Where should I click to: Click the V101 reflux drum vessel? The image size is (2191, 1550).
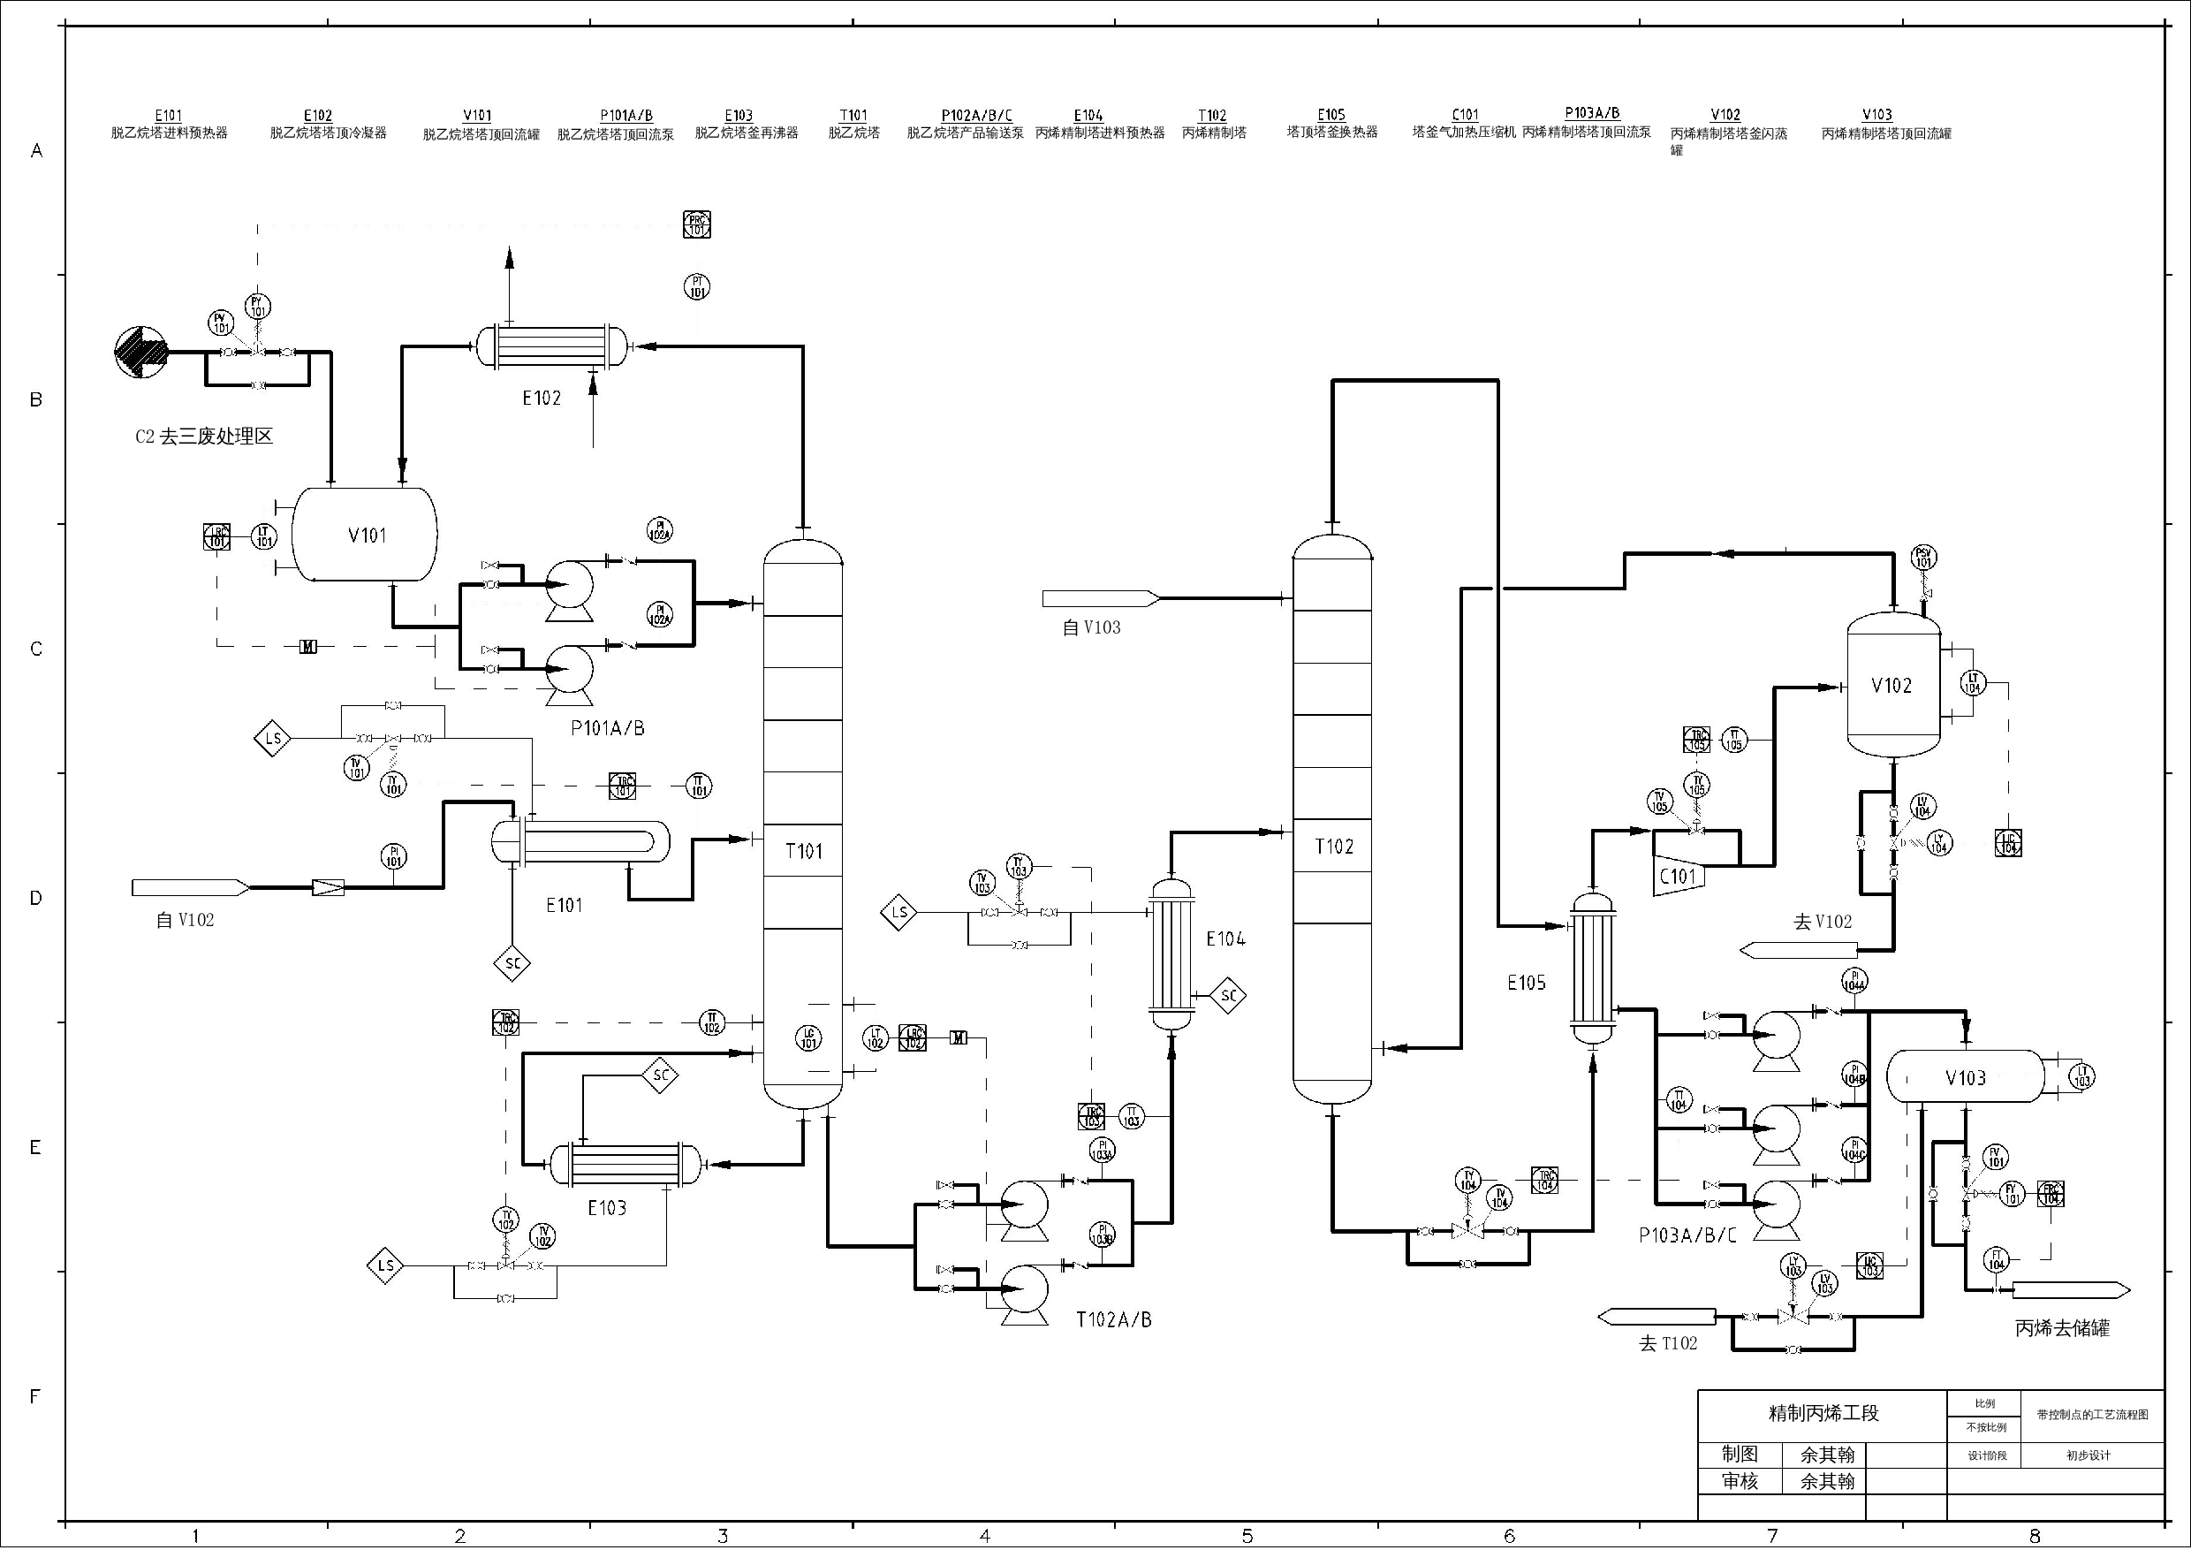point(365,535)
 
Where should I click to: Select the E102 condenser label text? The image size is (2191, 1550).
point(541,398)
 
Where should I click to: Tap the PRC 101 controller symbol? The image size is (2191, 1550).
point(698,225)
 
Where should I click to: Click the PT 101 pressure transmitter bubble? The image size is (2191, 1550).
point(698,286)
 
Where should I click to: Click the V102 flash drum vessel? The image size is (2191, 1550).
point(1892,685)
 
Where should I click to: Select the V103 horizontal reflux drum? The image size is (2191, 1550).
point(1966,1077)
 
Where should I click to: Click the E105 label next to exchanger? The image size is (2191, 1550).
point(1526,982)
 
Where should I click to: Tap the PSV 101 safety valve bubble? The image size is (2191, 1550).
point(1924,558)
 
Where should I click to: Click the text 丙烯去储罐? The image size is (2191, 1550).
point(2062,1327)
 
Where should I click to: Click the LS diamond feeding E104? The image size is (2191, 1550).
point(898,913)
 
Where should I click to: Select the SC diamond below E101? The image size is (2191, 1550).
point(512,963)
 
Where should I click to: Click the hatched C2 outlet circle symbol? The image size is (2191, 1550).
point(140,353)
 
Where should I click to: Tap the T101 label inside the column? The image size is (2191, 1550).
point(803,850)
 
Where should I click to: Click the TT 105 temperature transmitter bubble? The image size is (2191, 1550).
point(1734,740)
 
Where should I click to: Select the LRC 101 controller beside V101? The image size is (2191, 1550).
point(217,536)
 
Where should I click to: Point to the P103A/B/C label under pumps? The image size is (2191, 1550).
point(1687,1235)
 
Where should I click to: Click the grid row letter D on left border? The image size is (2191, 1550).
point(36,898)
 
